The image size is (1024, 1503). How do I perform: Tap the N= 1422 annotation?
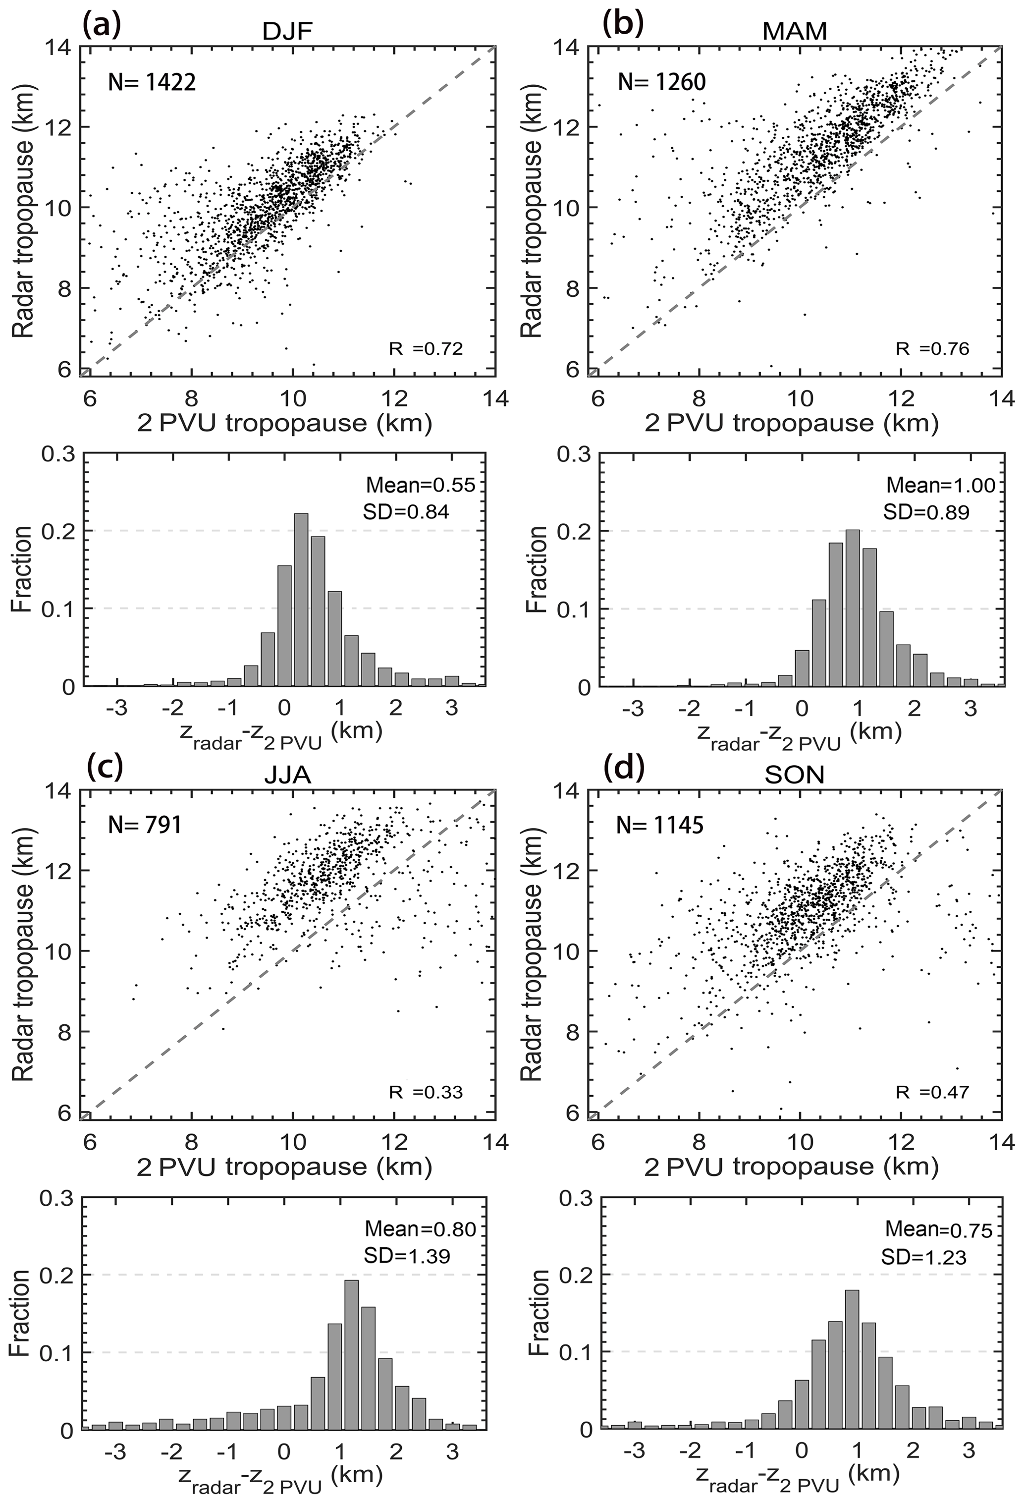[x=152, y=82]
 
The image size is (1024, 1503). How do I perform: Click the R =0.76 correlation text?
[x=932, y=349]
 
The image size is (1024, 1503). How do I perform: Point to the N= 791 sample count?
[x=144, y=825]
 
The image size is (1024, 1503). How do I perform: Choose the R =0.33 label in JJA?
[x=426, y=1092]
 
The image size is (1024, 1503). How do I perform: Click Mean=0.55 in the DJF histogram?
[x=420, y=485]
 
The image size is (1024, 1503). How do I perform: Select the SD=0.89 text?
[x=926, y=512]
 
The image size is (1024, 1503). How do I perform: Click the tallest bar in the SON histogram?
[x=852, y=1345]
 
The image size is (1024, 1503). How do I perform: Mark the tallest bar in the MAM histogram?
[x=853, y=608]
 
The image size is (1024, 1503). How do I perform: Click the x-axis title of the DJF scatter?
[x=284, y=424]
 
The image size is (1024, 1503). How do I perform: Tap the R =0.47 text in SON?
[x=932, y=1092]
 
